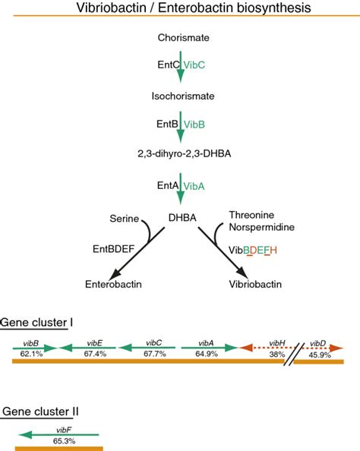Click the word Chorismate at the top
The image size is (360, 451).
179,37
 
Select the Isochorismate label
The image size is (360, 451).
180,96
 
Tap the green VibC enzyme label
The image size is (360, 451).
197,65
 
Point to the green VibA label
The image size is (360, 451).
197,184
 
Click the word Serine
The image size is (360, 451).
122,219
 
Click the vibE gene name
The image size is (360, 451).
95,342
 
